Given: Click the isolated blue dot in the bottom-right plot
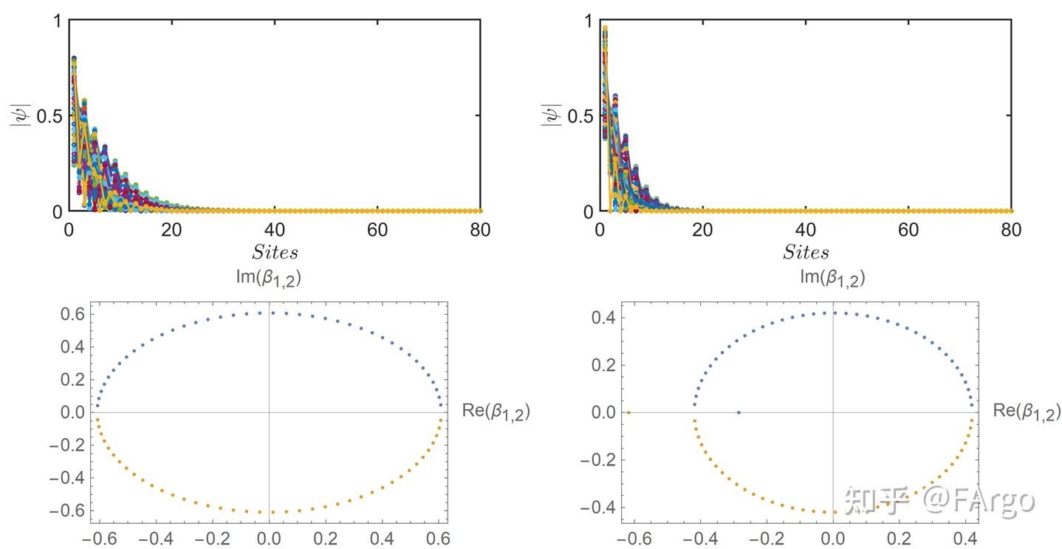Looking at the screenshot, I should pos(739,412).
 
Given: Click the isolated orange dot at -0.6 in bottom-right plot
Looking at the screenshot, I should pos(628,412).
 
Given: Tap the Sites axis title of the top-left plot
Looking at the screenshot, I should pos(275,253).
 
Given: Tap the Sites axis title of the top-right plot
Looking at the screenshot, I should pos(806,253).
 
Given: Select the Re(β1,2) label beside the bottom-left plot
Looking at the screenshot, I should pos(496,412).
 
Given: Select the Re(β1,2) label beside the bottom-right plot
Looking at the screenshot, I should pos(1027,412).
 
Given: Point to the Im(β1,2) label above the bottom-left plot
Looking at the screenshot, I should pos(269,279).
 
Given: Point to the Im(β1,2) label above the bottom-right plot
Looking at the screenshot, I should pos(832,279).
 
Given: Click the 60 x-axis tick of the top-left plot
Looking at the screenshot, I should pos(377,230).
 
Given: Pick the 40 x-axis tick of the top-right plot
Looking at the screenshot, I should pos(806,230).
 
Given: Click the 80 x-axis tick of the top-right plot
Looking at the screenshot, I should pos(1011,230).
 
